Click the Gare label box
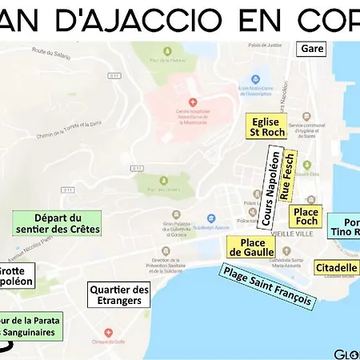coord(313,48)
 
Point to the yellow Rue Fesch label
coord(290,174)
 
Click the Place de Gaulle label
coord(246,247)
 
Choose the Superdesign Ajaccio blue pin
coord(210,217)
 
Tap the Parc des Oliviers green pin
coord(151,179)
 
